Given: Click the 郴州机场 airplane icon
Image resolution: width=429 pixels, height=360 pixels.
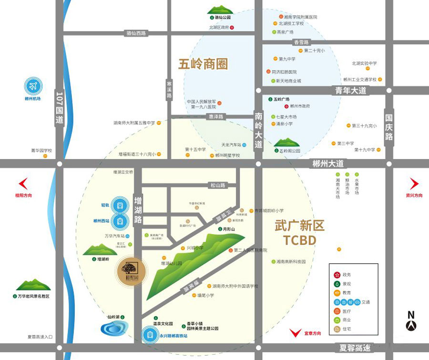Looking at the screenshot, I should tap(33, 86).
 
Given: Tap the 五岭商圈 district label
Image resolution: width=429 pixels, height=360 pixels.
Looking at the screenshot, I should tap(203, 64).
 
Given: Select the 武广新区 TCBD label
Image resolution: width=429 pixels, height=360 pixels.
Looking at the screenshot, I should tap(299, 232).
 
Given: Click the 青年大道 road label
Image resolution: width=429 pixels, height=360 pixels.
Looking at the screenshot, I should tap(350, 90).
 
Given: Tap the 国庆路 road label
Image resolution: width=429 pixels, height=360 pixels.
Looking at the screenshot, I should tap(389, 126).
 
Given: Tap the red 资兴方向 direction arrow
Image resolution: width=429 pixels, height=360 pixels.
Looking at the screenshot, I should tap(414, 184).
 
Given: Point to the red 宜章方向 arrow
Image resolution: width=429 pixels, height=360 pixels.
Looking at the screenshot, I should tap(296, 332).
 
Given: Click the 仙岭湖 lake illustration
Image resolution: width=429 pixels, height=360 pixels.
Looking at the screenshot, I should tap(113, 329).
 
